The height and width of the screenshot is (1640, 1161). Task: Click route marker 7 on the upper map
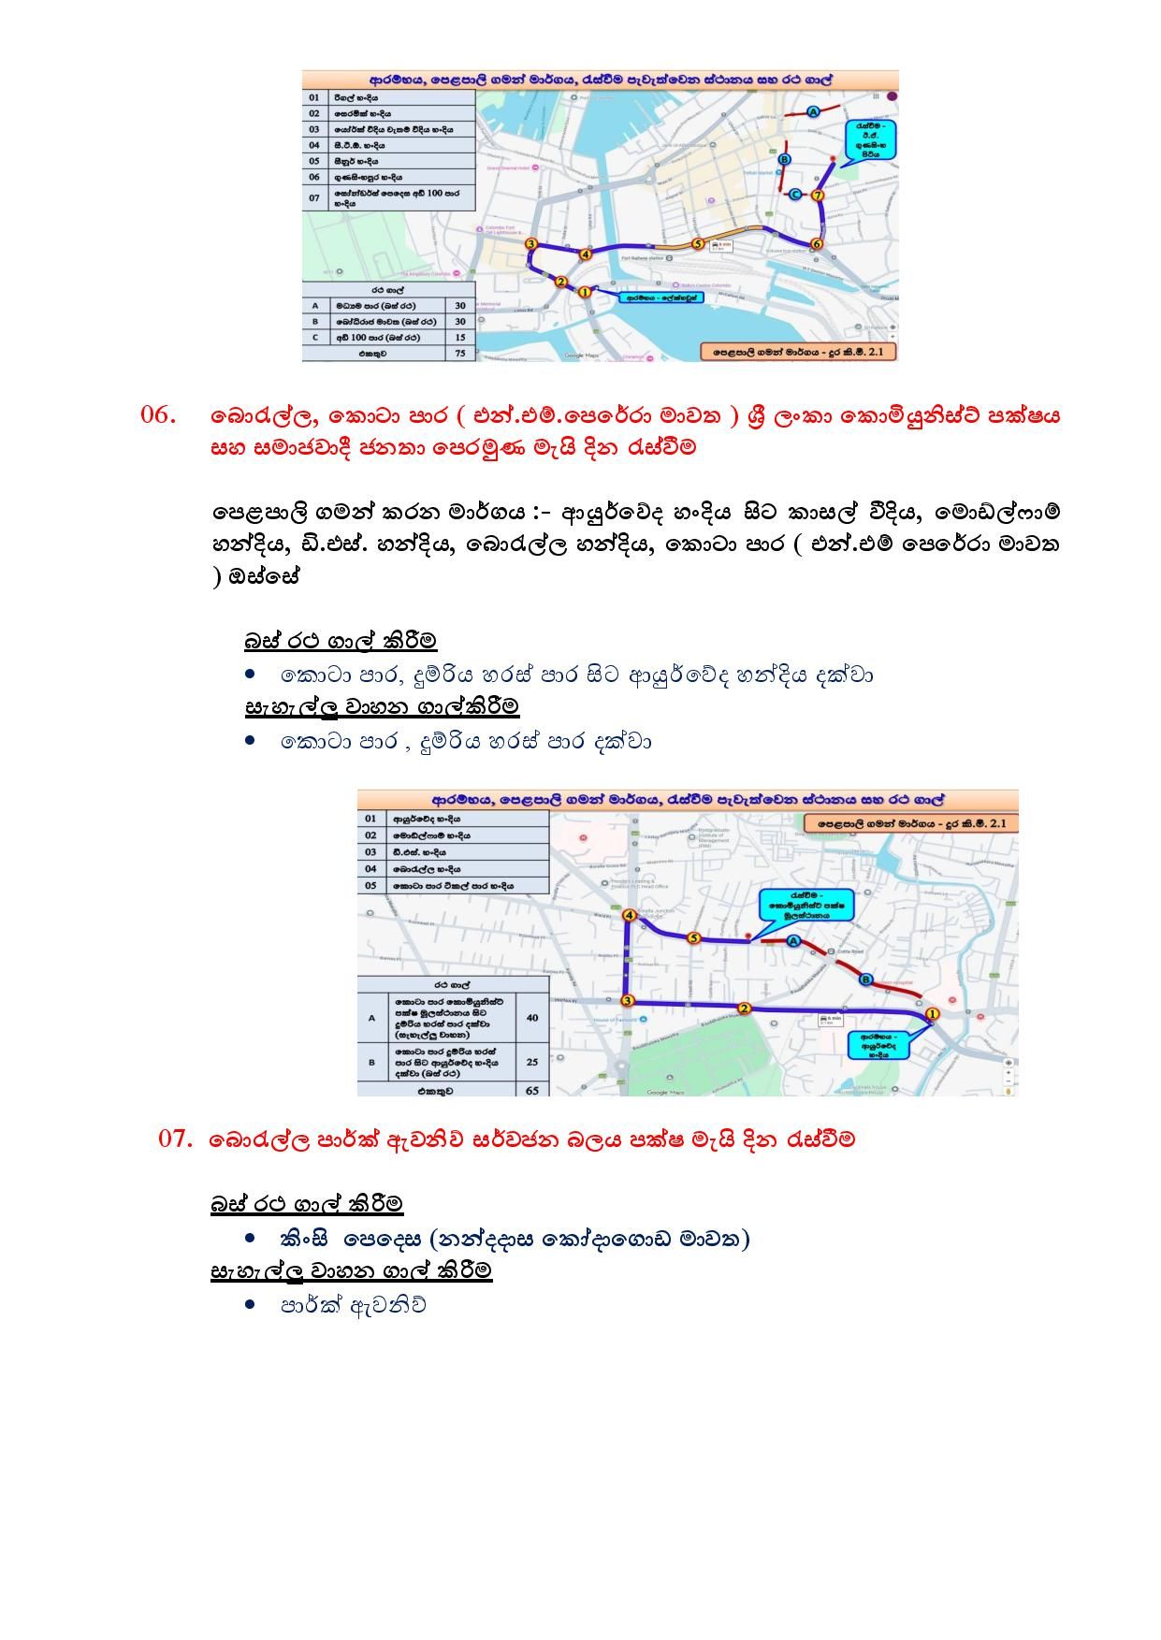(x=818, y=196)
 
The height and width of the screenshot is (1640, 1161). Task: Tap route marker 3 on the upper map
(x=530, y=244)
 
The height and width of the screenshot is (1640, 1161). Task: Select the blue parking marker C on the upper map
(x=795, y=195)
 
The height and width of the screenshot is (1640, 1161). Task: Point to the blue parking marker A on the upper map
(x=812, y=112)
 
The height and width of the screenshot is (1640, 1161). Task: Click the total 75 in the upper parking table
(x=460, y=354)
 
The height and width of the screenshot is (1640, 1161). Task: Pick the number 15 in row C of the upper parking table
(x=460, y=337)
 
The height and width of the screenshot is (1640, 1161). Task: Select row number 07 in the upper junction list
(x=314, y=197)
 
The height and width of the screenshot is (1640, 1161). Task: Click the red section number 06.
(x=158, y=414)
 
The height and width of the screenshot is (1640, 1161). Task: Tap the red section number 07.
(x=176, y=1139)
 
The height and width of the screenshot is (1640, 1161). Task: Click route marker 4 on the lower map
(x=629, y=915)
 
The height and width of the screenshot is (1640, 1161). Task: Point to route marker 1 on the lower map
(x=932, y=1014)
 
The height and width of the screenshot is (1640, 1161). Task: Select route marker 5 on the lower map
(x=693, y=937)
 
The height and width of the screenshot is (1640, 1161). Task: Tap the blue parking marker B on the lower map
(x=866, y=980)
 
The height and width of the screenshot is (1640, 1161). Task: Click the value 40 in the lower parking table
(x=532, y=1018)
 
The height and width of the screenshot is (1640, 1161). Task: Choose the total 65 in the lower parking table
(x=532, y=1090)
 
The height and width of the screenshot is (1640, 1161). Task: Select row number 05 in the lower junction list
(x=370, y=885)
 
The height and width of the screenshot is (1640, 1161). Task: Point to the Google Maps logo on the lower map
(x=665, y=1092)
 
